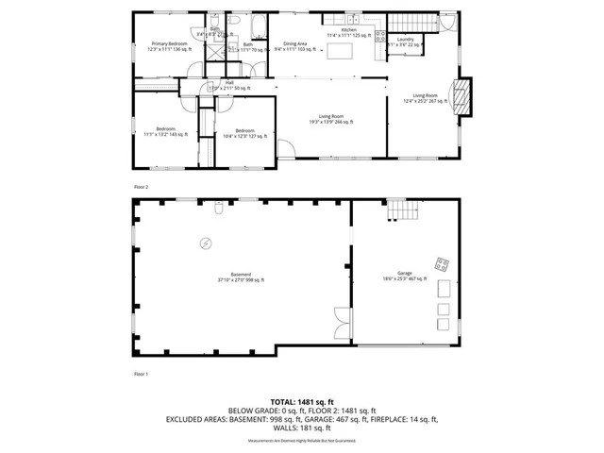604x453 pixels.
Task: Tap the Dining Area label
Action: (x=295, y=46)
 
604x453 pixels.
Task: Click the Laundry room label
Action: (x=405, y=42)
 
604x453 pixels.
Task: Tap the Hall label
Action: (x=229, y=86)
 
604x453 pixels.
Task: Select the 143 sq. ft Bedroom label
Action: (x=166, y=132)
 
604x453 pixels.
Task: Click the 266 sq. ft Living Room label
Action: (x=330, y=119)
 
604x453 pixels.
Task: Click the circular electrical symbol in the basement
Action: (x=205, y=243)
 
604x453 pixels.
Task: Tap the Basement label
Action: (x=241, y=277)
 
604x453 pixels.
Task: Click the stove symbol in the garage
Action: (x=441, y=263)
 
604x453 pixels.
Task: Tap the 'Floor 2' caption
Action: (x=142, y=188)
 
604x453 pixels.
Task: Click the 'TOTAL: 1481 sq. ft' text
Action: (x=301, y=400)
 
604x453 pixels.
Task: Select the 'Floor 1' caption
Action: (x=142, y=375)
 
